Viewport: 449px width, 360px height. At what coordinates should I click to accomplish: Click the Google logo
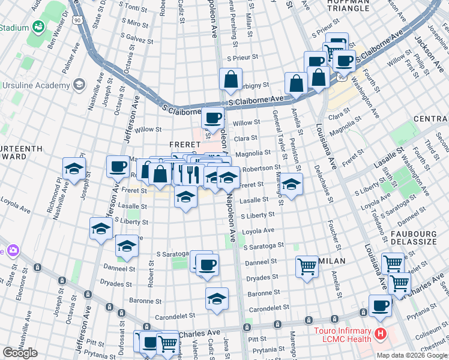click(20, 353)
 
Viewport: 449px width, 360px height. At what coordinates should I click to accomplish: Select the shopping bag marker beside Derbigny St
click(231, 79)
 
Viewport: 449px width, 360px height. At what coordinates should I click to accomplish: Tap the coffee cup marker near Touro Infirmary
click(379, 305)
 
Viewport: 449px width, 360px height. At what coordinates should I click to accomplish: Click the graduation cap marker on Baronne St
click(217, 298)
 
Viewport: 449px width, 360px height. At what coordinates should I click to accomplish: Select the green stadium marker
click(38, 27)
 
